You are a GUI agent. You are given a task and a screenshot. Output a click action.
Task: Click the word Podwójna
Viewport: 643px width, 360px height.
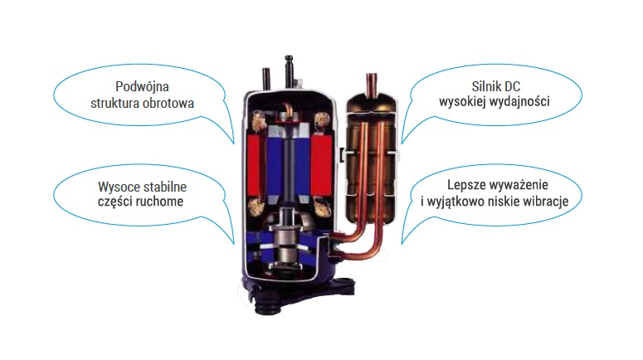point(139,87)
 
